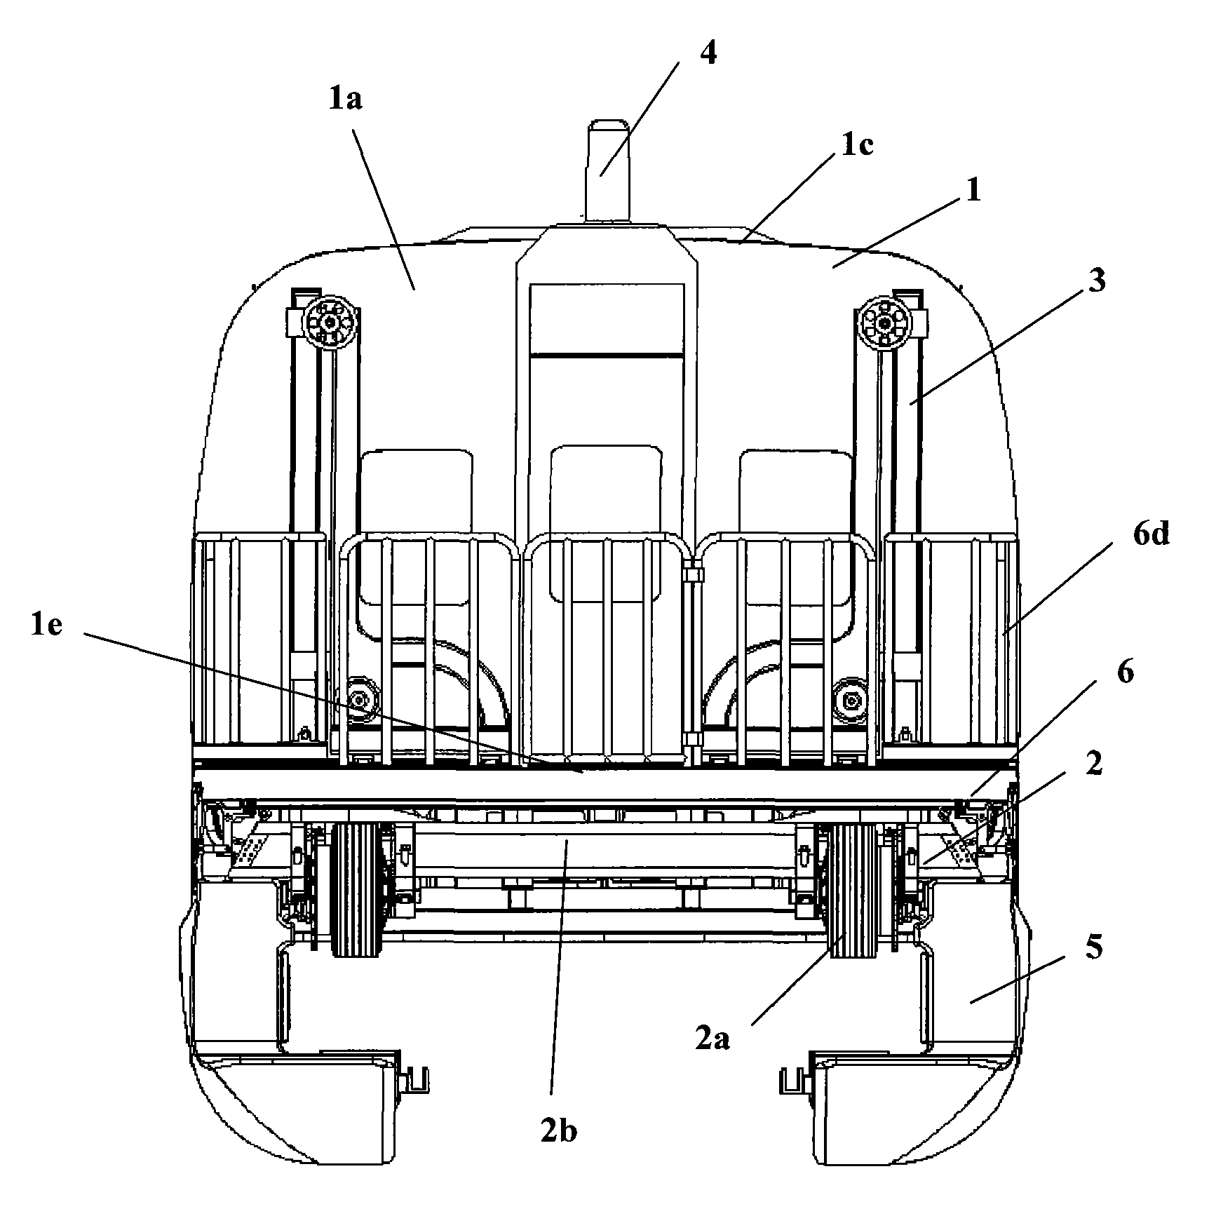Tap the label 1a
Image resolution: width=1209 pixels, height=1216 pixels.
pos(345,100)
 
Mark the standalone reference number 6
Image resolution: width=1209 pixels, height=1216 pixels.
pos(1125,673)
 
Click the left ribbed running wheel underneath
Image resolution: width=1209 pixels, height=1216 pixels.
pos(358,889)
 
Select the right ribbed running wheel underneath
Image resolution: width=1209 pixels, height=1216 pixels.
pos(852,889)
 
